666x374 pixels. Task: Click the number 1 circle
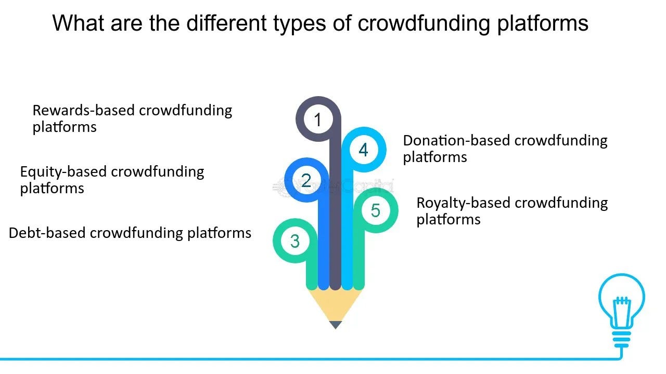[x=318, y=120]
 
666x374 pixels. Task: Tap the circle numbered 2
[x=306, y=180]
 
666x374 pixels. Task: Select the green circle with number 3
[x=295, y=241]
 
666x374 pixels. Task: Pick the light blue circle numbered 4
[x=364, y=150]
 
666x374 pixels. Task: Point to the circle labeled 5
[x=376, y=210]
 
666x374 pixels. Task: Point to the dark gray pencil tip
[x=336, y=325]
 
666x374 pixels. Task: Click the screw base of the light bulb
[x=621, y=340]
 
